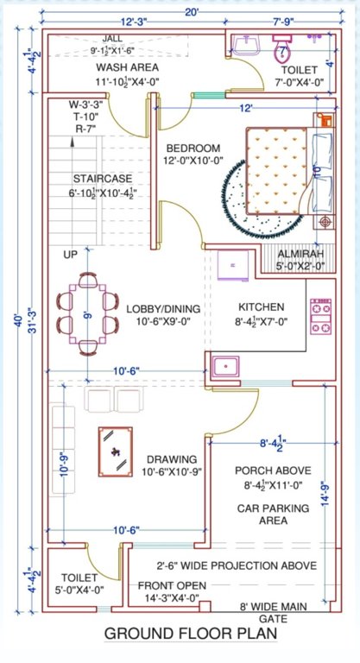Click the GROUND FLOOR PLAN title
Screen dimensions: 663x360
pos(191,635)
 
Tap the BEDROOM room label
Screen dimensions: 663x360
pos(193,148)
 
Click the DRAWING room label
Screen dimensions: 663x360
pos(171,458)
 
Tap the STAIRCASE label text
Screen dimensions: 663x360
pos(101,178)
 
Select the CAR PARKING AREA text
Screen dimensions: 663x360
pos(274,515)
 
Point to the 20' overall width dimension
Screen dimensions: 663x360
pos(191,11)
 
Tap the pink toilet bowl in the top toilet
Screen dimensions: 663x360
pos(281,51)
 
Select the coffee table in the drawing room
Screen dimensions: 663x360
pos(115,451)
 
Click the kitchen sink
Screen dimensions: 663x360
pos(227,366)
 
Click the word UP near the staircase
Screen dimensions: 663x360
pos(70,255)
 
